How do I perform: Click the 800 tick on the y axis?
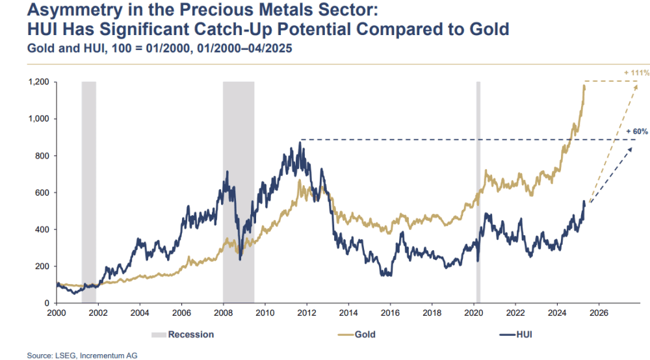pyautogui.click(x=43, y=156)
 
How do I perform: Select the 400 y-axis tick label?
pyautogui.click(x=43, y=229)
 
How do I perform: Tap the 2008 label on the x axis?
pyautogui.click(x=223, y=313)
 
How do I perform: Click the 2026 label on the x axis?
pyautogui.click(x=599, y=313)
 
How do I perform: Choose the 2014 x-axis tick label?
pyautogui.click(x=348, y=313)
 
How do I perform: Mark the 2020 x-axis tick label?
pyautogui.click(x=473, y=313)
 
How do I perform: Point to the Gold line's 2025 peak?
pyautogui.click(x=584, y=84)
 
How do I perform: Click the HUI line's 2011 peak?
pyautogui.click(x=300, y=142)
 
